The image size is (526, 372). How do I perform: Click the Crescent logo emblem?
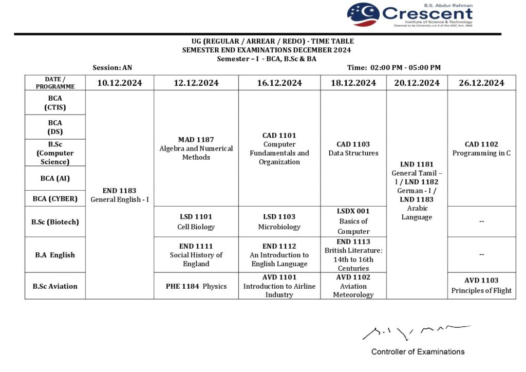363,14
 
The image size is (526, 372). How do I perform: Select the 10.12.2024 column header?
120,83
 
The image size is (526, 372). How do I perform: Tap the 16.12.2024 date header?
279,83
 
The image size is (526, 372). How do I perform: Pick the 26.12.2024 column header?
481,83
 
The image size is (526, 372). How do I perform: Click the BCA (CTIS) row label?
55,103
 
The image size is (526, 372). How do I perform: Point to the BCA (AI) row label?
55,178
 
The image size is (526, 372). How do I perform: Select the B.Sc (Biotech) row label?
55,221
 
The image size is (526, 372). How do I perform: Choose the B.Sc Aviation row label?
55,286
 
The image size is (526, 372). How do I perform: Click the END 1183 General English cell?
120,195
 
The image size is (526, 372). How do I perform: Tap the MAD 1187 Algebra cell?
196,148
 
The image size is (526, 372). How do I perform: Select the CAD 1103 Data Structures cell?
353,148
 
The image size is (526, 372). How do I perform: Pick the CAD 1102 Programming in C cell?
481,148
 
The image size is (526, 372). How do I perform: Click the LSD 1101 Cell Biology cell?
196,221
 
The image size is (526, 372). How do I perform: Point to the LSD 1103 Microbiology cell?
279,221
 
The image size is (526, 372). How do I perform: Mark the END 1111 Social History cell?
196,255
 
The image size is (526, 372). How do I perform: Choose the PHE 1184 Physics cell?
196,286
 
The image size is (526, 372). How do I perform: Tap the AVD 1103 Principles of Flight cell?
481,286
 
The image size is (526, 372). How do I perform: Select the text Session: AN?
112,67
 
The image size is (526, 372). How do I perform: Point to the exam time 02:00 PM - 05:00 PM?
394,67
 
